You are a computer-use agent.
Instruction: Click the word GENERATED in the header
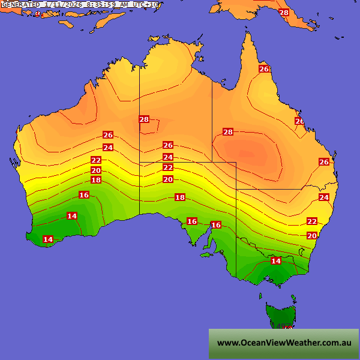(x=20, y=4)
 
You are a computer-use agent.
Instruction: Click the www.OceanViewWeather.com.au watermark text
(x=284, y=343)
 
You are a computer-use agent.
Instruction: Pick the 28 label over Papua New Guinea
(x=284, y=13)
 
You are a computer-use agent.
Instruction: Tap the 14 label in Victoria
(x=276, y=261)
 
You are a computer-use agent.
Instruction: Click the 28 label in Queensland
(x=228, y=132)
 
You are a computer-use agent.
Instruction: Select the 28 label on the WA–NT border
(x=144, y=119)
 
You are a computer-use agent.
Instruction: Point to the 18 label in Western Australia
(x=96, y=180)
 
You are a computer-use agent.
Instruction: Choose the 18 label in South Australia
(x=180, y=197)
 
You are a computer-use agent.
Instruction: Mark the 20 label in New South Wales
(x=312, y=236)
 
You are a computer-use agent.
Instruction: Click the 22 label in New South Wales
(x=312, y=221)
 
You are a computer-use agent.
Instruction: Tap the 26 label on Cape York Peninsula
(x=264, y=69)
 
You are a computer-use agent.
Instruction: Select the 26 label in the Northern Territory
(x=168, y=145)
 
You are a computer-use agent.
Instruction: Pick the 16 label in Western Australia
(x=84, y=195)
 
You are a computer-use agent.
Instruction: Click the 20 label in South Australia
(x=168, y=179)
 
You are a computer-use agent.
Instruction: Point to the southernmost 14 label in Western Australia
(x=48, y=239)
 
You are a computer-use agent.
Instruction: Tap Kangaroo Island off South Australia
(x=206, y=254)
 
